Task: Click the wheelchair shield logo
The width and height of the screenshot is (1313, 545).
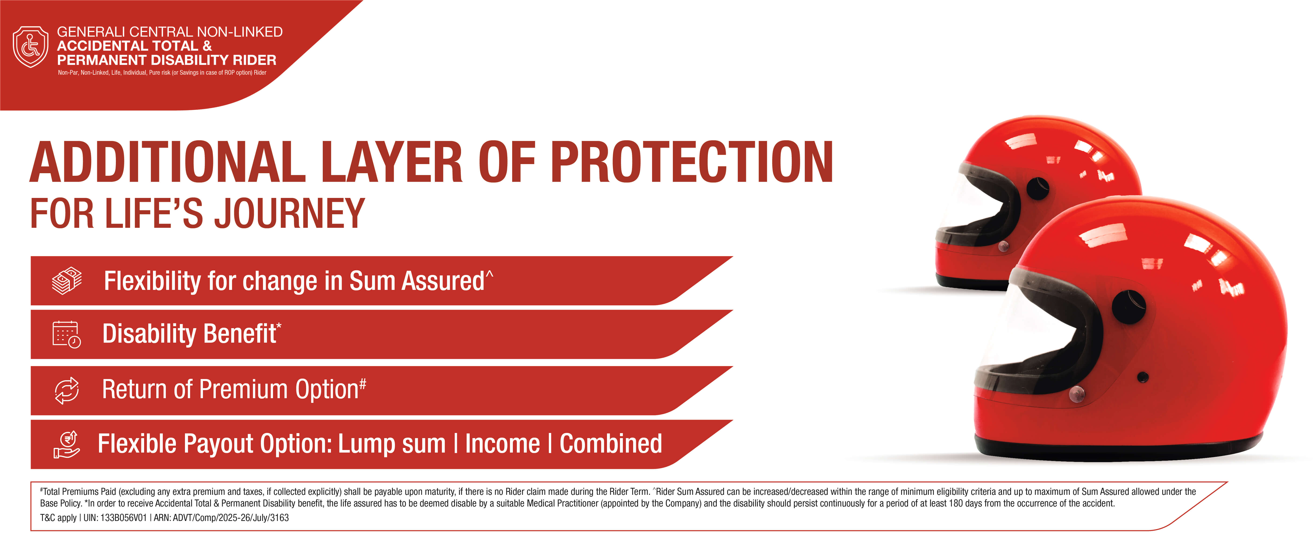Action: [x=31, y=47]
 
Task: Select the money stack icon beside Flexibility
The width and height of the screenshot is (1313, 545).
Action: [x=67, y=281]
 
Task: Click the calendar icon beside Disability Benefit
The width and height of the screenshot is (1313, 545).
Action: [x=66, y=335]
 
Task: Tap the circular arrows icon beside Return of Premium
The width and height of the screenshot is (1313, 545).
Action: [x=67, y=390]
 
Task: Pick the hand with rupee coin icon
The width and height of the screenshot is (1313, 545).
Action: [x=67, y=444]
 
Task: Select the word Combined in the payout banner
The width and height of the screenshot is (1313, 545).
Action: [x=611, y=444]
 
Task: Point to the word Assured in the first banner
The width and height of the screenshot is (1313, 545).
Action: [x=442, y=281]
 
